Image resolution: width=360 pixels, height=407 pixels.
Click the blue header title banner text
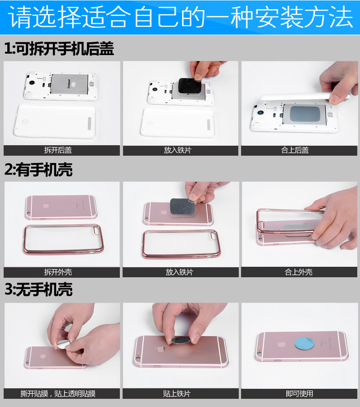180,17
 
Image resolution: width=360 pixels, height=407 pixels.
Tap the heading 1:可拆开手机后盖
59,49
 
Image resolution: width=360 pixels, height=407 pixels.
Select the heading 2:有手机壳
38,170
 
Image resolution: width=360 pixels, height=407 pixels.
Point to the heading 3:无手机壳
38,290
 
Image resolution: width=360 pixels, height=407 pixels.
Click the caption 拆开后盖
58,150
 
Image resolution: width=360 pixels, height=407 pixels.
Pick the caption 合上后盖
295,150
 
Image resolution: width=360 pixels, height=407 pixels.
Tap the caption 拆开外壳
58,272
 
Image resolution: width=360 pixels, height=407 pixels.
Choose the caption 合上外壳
298,272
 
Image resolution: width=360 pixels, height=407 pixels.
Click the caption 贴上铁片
177,393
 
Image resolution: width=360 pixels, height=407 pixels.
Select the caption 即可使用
299,393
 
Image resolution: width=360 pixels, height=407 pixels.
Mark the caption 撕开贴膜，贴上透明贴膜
58,393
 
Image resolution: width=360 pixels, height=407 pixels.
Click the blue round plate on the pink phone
304,343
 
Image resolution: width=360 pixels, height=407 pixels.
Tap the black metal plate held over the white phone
190,86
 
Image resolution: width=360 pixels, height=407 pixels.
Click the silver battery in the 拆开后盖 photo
70,84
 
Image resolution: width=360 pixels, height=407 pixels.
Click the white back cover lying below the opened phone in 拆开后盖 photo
56,121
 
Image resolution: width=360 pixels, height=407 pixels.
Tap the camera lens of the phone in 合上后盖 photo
260,112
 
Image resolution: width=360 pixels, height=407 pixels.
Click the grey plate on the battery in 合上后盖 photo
305,113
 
